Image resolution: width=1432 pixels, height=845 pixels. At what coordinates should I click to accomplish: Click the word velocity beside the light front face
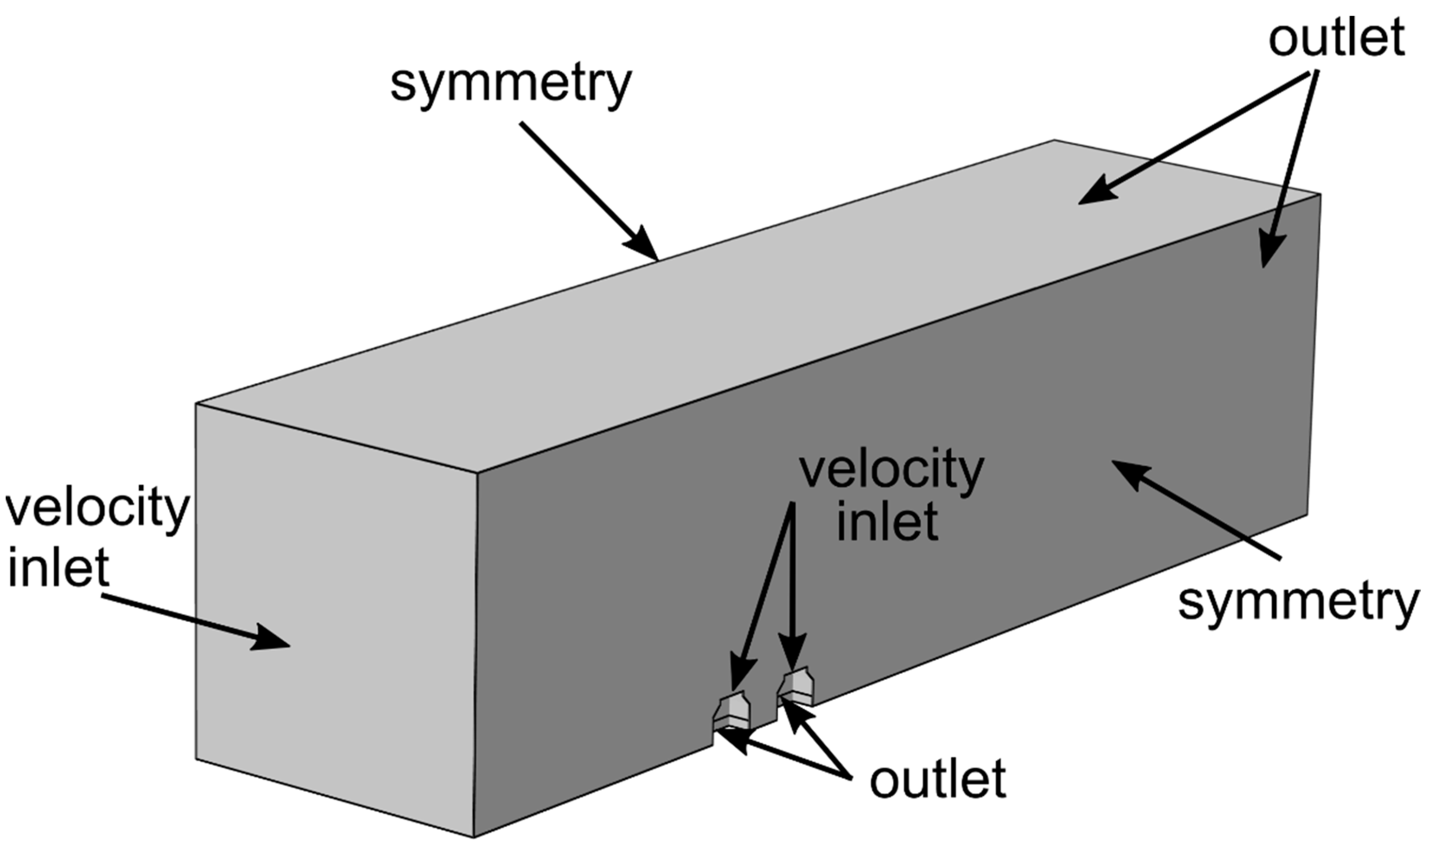click(97, 511)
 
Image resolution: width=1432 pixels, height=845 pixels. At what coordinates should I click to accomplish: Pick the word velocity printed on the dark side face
click(891, 471)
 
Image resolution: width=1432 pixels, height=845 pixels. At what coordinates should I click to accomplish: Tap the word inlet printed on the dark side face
click(887, 522)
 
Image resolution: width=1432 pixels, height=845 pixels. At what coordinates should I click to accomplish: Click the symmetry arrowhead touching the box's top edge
click(644, 245)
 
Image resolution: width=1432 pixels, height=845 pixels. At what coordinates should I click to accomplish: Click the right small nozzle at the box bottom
click(796, 688)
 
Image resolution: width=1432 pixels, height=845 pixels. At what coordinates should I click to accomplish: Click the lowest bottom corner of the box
click(474, 837)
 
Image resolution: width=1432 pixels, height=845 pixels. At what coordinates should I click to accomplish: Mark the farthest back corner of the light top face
click(1054, 140)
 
